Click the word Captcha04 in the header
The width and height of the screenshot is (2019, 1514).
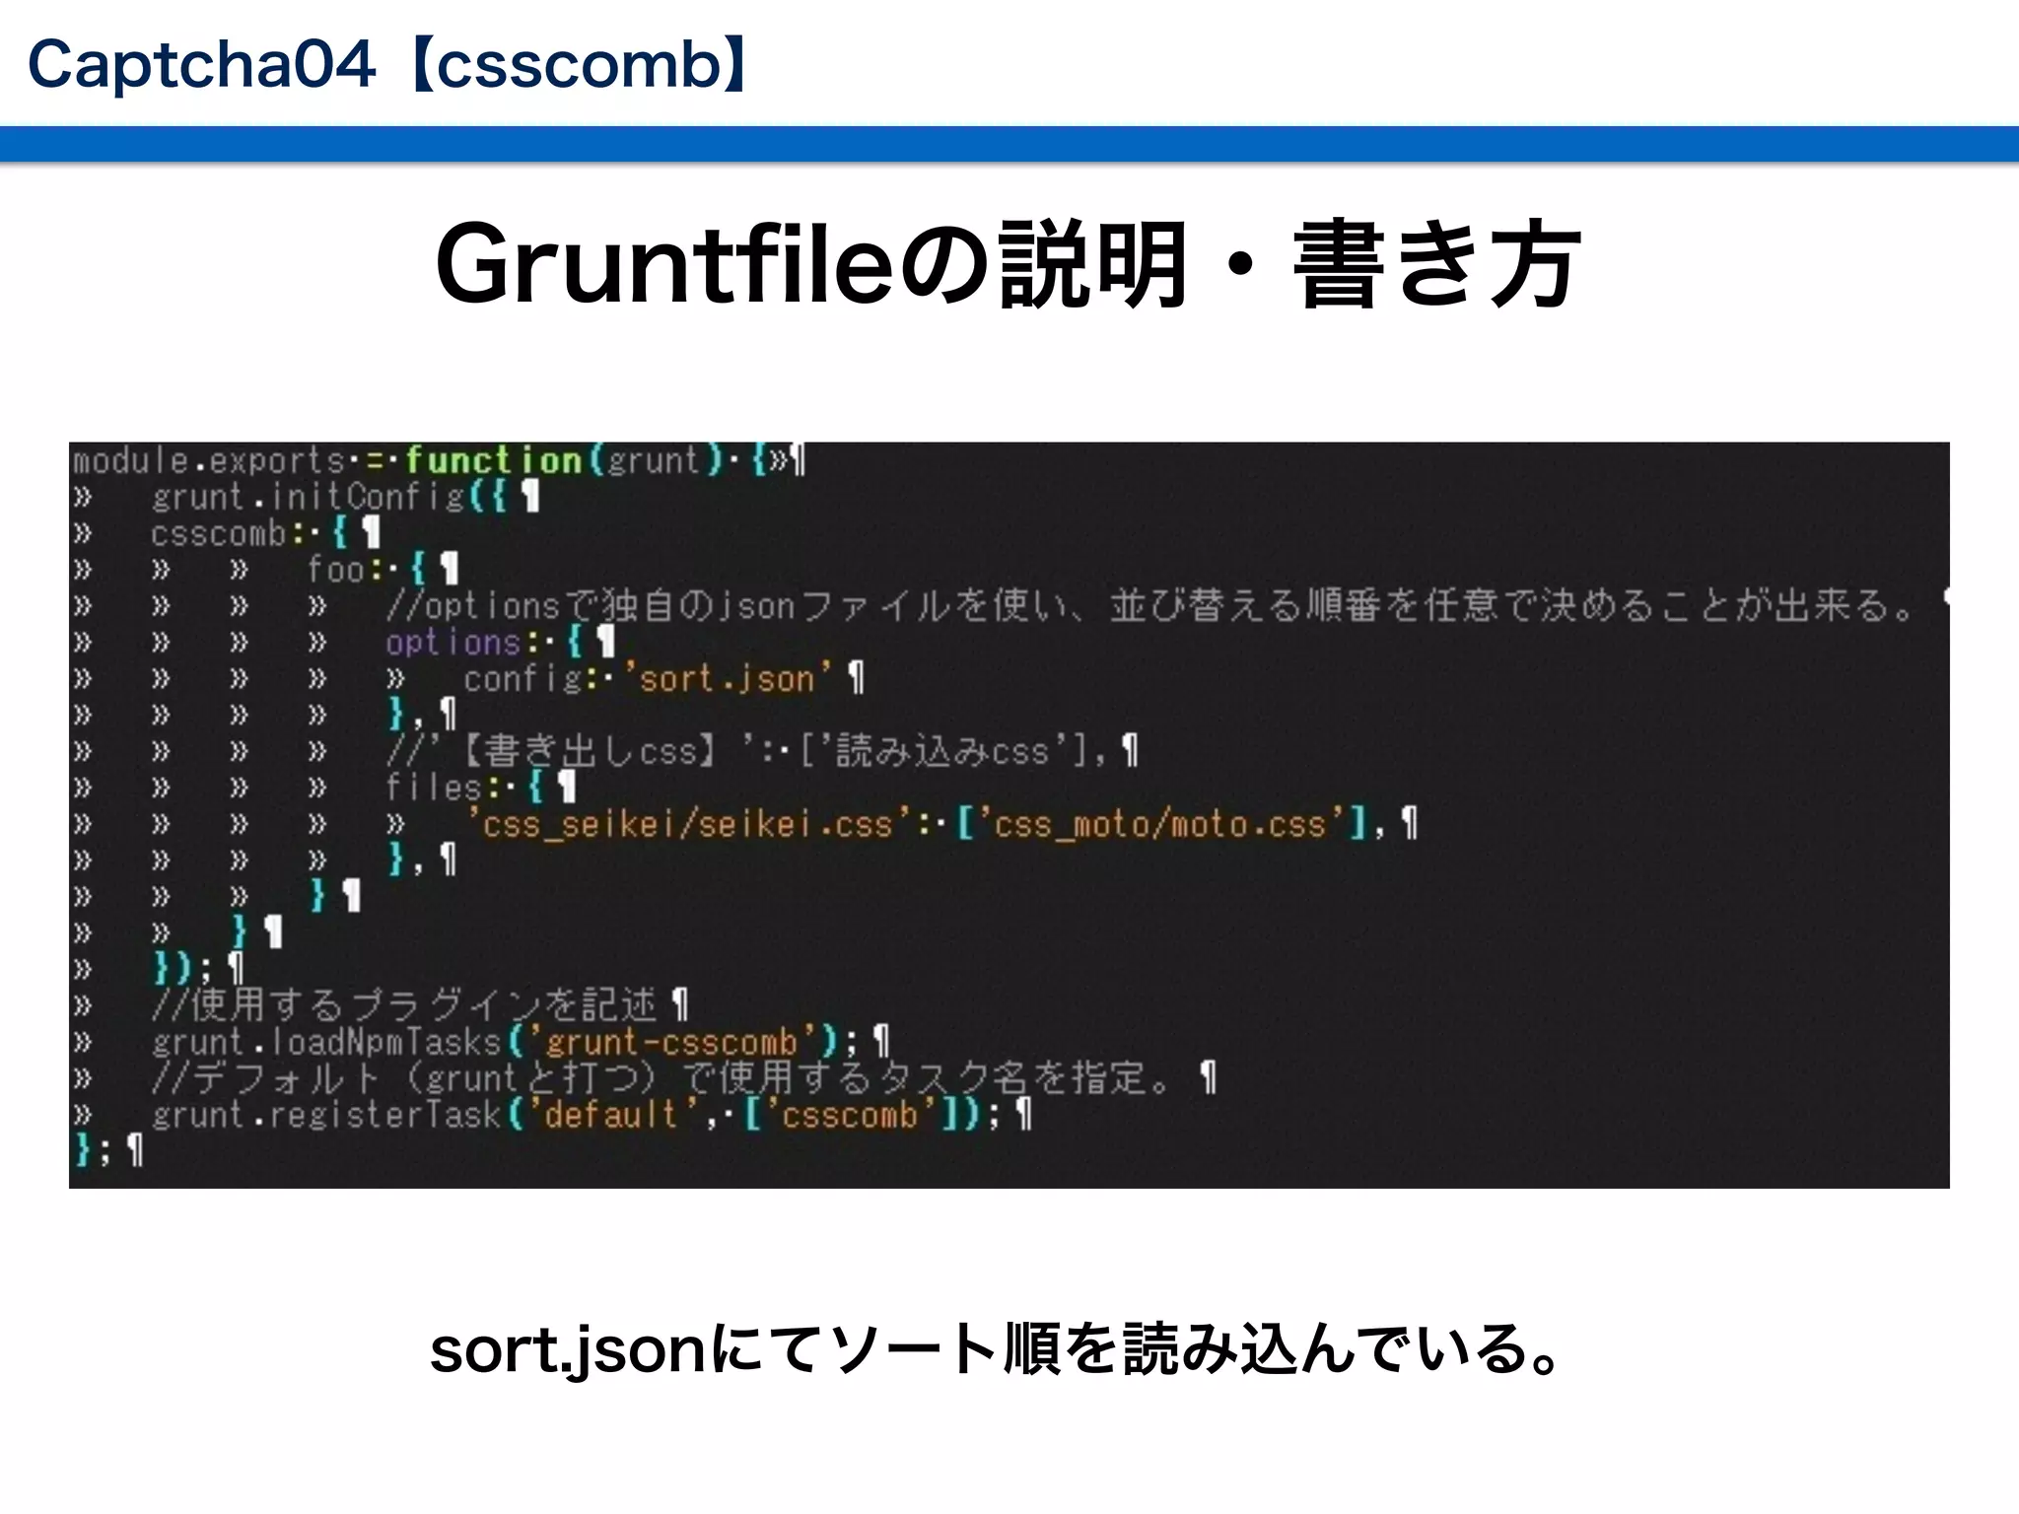point(201,65)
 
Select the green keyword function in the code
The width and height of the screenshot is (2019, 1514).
point(493,460)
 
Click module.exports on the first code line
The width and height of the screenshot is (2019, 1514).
point(208,460)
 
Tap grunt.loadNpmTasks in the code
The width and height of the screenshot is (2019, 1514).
point(326,1042)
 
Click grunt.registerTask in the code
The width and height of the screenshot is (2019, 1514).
point(326,1115)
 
